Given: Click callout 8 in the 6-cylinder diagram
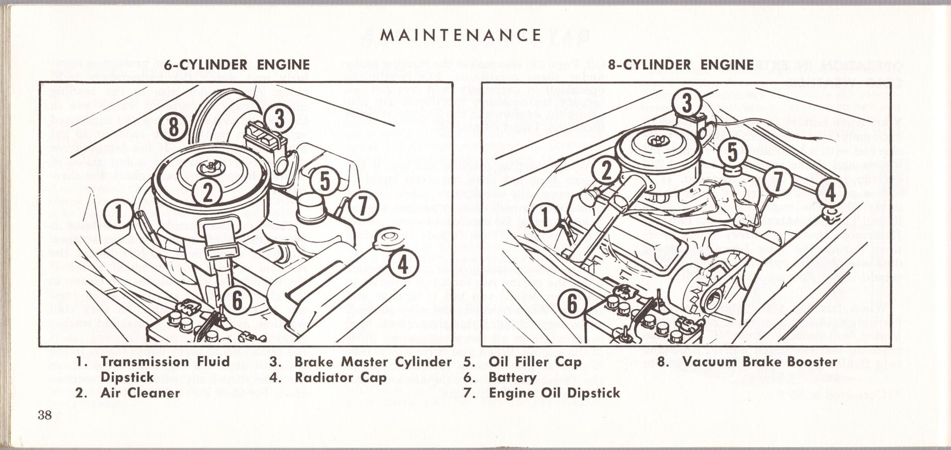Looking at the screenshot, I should coord(173,127).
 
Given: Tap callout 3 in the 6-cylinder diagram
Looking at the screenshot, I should coord(279,120).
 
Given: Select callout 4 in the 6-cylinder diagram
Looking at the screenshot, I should coord(403,265).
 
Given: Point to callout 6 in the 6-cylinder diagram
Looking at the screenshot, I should coord(237,300).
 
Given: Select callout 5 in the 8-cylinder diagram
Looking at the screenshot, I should coord(733,152).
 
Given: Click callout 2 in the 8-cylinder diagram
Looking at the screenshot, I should coord(606,171).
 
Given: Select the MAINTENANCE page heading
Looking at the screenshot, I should coord(460,35).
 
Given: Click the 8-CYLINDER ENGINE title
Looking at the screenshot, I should coord(681,65).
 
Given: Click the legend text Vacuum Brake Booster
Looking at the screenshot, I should coord(760,361).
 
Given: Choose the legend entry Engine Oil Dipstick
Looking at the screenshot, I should coord(554,393).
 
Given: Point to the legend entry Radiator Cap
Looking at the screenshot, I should coord(340,377).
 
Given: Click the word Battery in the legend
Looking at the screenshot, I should coord(512,377).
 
